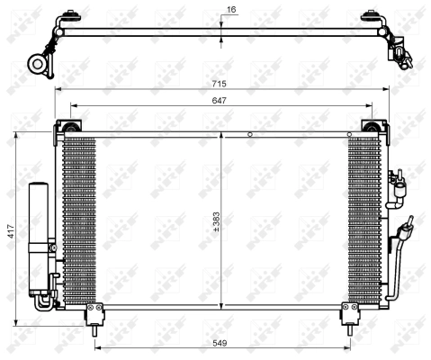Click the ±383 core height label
tap(217, 220)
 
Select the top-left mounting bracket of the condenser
tap(67, 128)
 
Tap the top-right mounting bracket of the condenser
tap(368, 128)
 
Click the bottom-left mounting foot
tap(93, 312)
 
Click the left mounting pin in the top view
tap(67, 17)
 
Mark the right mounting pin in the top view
tap(369, 17)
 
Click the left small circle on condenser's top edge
tap(249, 135)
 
